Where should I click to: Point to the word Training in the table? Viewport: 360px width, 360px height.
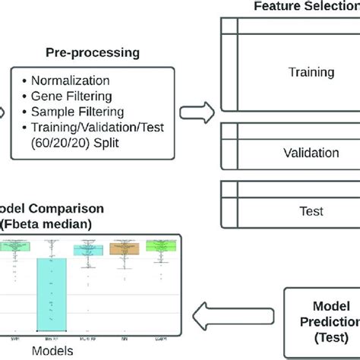pyautogui.click(x=311, y=73)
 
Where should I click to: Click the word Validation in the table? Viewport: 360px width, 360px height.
pyautogui.click(x=311, y=153)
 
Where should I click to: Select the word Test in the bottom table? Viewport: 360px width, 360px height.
pyautogui.click(x=311, y=210)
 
